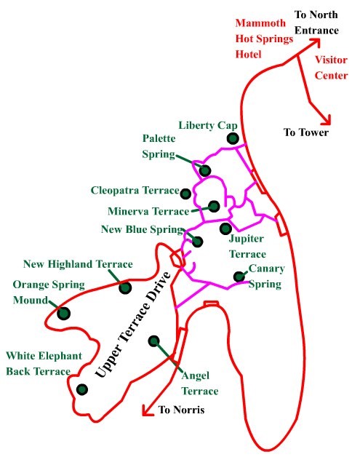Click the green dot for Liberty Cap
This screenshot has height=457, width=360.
(233, 138)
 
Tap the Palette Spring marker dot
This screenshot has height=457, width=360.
(205, 170)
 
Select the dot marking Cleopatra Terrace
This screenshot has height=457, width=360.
(185, 194)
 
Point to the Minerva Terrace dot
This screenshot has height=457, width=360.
(214, 207)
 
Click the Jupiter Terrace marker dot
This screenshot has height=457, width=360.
(225, 228)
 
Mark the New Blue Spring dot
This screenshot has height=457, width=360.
(198, 242)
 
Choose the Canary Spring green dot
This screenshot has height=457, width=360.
(239, 277)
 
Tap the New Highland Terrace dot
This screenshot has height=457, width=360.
(125, 287)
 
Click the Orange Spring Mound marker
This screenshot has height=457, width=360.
(64, 314)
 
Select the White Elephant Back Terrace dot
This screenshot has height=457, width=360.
(82, 389)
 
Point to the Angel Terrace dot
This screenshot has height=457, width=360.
(153, 341)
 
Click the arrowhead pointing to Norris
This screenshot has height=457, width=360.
(147, 410)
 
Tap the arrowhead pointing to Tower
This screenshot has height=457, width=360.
(327, 120)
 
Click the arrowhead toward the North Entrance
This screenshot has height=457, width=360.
(316, 42)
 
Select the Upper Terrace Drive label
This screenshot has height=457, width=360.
(133, 325)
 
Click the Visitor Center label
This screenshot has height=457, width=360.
(331, 68)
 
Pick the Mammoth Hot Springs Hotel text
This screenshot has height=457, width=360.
(264, 39)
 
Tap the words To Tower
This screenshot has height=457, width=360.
(306, 132)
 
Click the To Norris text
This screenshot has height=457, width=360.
(181, 410)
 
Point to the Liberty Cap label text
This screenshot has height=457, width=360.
(208, 125)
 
